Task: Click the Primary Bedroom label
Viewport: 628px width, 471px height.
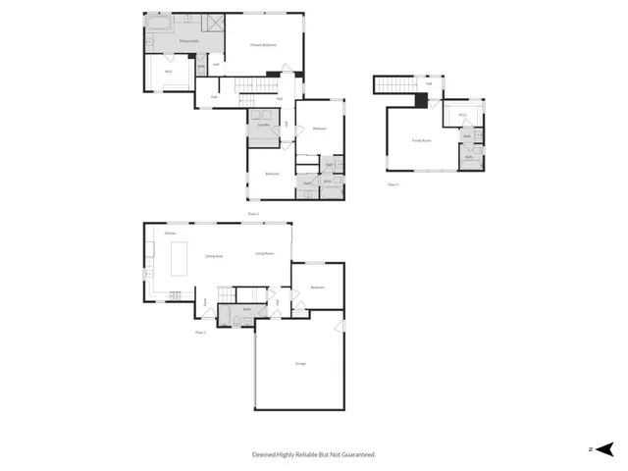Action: (262, 45)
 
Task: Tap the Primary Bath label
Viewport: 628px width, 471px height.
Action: (189, 42)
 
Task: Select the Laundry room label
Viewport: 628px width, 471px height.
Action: (263, 126)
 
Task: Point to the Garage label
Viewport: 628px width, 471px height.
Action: (299, 365)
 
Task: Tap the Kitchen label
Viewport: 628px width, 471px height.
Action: (170, 234)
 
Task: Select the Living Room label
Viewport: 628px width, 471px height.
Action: (265, 253)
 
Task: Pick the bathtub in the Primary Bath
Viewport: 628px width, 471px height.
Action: (158, 23)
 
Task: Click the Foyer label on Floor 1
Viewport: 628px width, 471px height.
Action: (205, 304)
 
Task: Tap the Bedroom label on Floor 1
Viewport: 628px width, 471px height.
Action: (318, 287)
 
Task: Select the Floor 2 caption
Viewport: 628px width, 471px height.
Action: (252, 213)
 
